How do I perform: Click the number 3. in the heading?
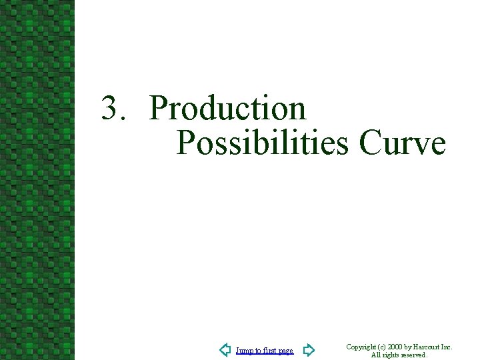tap(114, 109)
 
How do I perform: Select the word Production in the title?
tap(227, 109)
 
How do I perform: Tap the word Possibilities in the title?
tap(263, 142)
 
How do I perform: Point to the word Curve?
tap(402, 142)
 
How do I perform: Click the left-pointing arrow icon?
tap(225, 350)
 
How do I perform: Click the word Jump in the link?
tap(244, 351)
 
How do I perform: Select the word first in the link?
tap(270, 351)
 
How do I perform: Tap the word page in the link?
tap(286, 351)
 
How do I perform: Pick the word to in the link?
tap(259, 351)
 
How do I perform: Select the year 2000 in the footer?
tap(395, 347)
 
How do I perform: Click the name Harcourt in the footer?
tap(428, 347)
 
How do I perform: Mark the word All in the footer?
tap(376, 355)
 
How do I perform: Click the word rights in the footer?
tap(391, 355)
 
